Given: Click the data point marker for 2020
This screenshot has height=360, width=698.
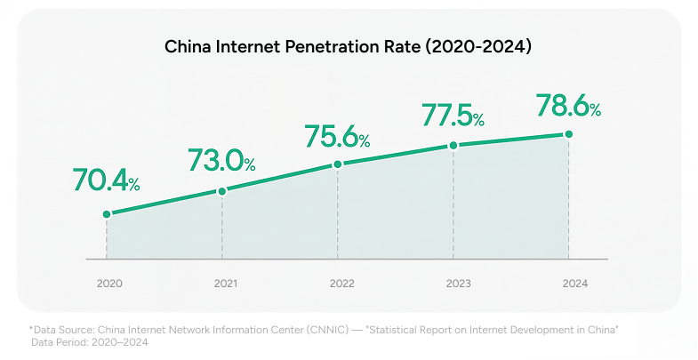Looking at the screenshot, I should coord(107,214).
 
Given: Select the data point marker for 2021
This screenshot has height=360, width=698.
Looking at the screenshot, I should coord(222,190).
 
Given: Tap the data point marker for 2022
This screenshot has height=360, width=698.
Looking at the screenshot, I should coord(338,164).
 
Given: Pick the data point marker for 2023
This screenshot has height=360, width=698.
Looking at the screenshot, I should coord(453,145).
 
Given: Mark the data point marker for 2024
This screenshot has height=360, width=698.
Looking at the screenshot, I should coord(569,134).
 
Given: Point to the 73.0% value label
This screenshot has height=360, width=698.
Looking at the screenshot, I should coord(221,160).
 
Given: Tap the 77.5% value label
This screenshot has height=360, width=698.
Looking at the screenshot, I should coord(453,116).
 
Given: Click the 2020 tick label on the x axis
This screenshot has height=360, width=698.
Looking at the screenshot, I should coord(107,284).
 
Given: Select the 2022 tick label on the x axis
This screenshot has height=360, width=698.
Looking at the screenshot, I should coord(341,284).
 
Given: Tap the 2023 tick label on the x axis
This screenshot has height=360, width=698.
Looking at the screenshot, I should coord(457,284).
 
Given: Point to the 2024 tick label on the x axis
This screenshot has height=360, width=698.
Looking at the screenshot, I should coord(574,284).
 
